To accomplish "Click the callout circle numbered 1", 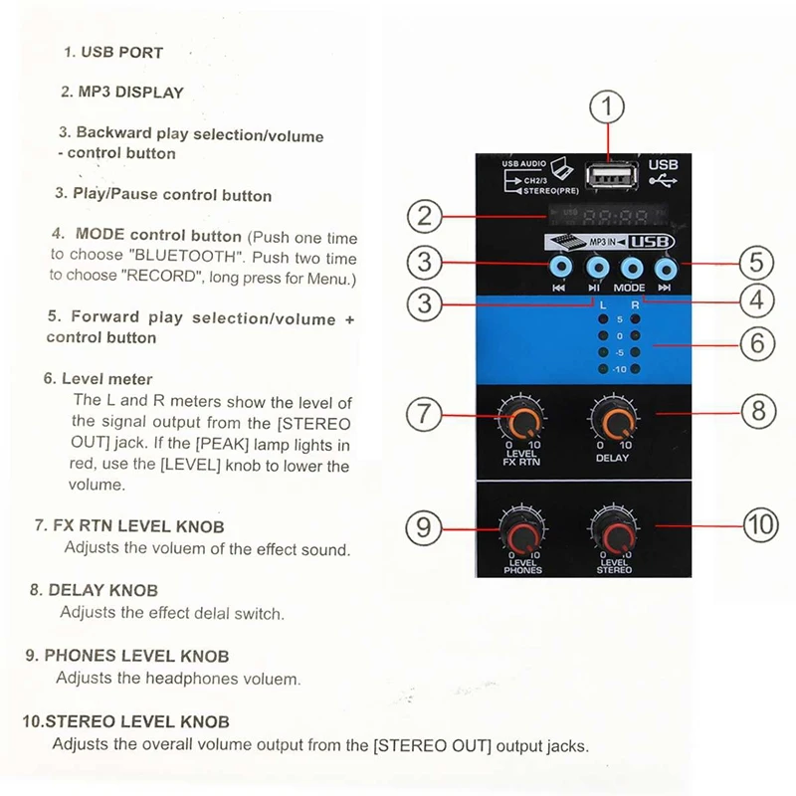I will [x=611, y=107].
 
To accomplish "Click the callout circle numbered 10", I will [x=761, y=524].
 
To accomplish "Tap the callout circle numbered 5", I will [x=756, y=263].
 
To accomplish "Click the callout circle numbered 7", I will [x=425, y=413].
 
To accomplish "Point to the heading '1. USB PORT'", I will [x=113, y=52].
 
